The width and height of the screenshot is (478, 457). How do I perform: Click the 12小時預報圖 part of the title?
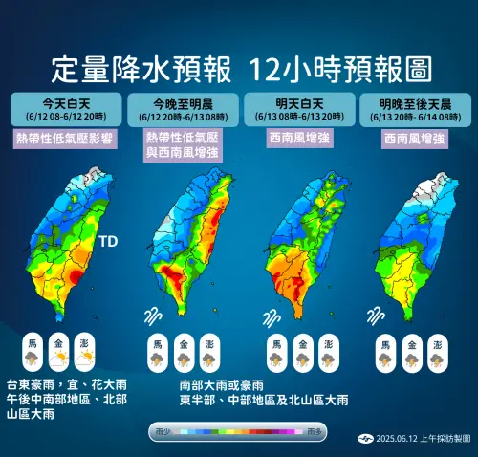click(x=336, y=69)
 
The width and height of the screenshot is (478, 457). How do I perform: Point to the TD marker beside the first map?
click(x=108, y=242)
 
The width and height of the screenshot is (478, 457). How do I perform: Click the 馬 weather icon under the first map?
click(x=33, y=351)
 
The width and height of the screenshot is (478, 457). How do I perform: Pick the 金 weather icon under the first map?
click(x=59, y=351)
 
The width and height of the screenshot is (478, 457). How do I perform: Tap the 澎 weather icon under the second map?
click(x=208, y=351)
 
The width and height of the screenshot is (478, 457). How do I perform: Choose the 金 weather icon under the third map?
click(x=301, y=351)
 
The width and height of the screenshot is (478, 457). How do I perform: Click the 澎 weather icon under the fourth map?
click(x=437, y=351)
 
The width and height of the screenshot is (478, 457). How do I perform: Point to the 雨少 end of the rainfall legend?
click(x=162, y=432)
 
